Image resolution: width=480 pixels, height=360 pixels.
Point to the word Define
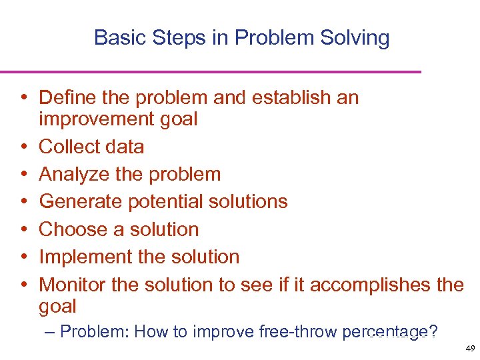tap(70, 97)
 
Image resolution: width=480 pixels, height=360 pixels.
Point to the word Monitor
tap(73, 285)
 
